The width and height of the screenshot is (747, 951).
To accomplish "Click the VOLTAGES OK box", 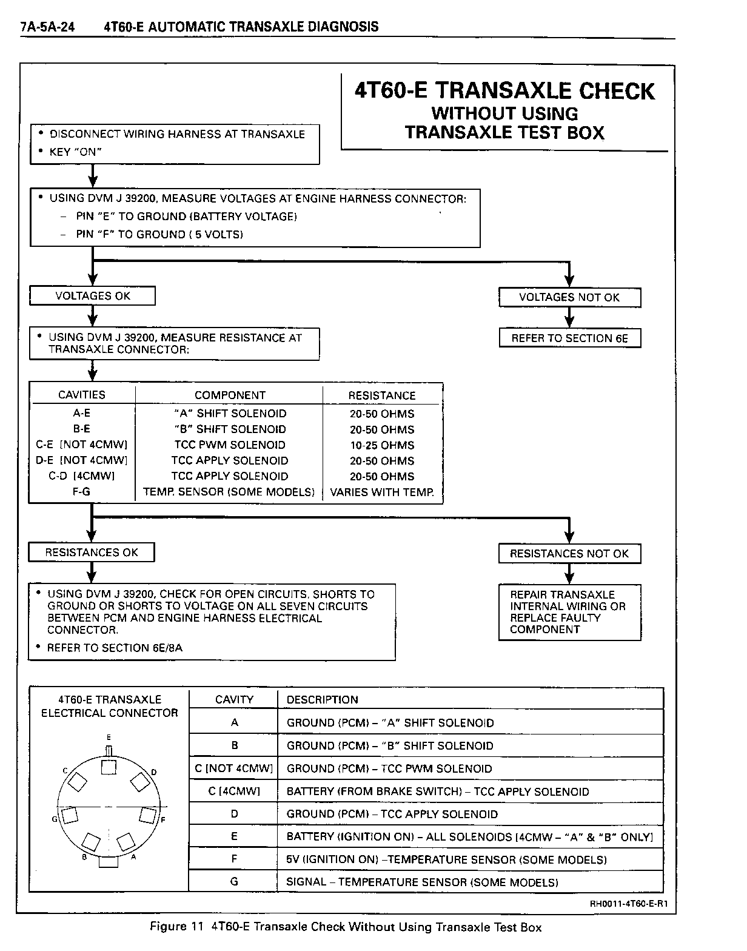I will (92, 296).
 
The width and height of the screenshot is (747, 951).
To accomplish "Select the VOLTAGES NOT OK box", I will (569, 297).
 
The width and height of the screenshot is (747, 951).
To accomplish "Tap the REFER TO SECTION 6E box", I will (569, 338).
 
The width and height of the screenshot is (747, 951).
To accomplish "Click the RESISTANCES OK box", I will (92, 553).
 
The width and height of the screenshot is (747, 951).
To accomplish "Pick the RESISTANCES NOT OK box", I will (569, 554).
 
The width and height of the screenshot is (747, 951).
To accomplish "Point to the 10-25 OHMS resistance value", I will (382, 445).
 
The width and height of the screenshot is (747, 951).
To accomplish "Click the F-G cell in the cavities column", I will (81, 492).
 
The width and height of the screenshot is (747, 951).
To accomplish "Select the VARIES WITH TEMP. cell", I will (382, 492).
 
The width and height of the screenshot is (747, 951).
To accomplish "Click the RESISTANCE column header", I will (382, 395).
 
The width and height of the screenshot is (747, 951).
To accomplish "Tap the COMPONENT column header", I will (230, 395).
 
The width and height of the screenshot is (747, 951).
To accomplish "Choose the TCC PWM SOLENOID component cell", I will (230, 445).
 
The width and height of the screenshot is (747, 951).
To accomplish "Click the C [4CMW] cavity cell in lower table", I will (234, 791).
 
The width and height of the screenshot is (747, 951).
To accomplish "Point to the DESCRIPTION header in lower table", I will (323, 700).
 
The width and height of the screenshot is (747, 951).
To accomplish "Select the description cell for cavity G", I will (422, 882).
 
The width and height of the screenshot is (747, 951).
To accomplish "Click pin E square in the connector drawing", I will (109, 767).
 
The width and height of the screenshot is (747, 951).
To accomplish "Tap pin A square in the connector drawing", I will (126, 842).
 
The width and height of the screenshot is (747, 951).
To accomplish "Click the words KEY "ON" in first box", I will (75, 152).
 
